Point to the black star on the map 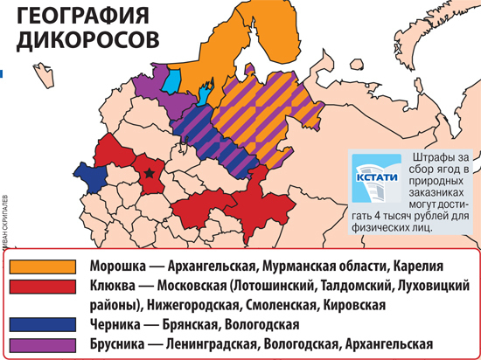150,174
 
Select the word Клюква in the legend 115,286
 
